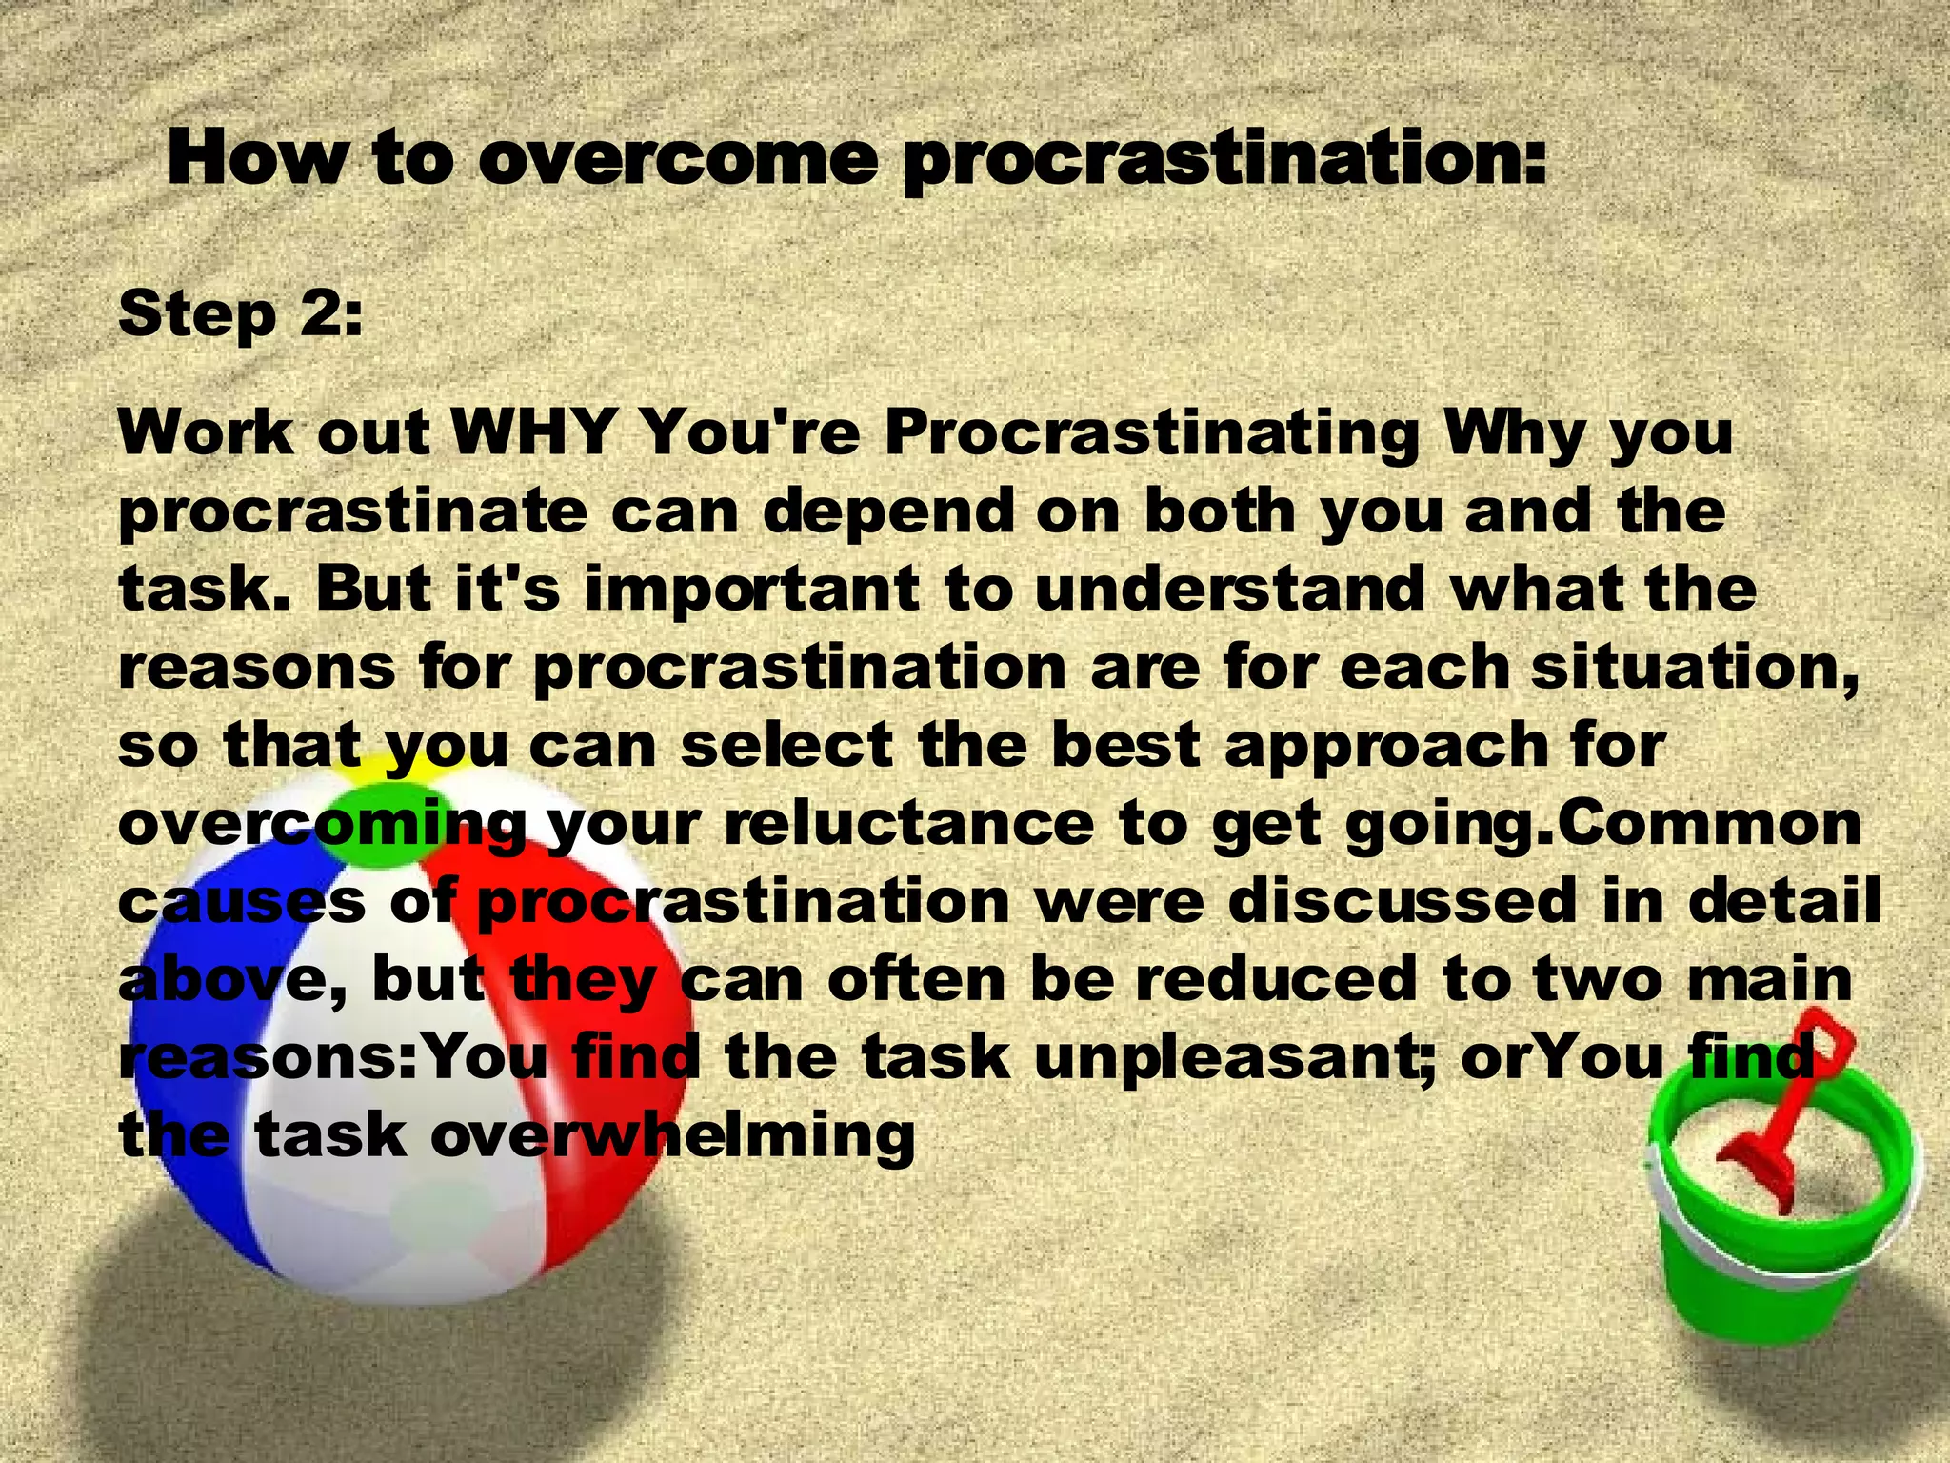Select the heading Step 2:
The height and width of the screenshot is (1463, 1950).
tap(240, 314)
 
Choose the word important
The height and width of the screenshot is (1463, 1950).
tap(752, 590)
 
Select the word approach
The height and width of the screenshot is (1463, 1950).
tap(1385, 746)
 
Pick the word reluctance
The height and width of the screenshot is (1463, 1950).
tap(909, 824)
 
